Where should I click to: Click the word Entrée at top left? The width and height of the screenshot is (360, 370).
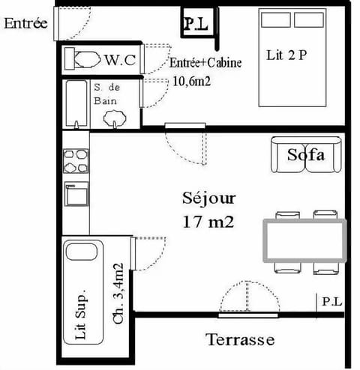point(25,22)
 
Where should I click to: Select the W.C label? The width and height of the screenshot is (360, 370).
point(120,59)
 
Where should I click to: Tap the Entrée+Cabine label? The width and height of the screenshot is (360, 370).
point(205,63)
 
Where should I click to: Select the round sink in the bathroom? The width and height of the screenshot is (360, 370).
point(115,116)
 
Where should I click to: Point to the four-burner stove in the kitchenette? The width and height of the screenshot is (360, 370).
point(76,161)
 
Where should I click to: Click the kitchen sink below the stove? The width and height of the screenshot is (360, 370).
point(76,193)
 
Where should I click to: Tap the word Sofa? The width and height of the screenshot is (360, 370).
point(305,156)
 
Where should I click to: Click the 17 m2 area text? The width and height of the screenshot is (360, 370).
point(209,222)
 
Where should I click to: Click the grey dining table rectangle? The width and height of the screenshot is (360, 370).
point(303,240)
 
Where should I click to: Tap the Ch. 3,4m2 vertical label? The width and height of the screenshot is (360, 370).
point(118,293)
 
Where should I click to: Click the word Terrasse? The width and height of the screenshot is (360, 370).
point(240,340)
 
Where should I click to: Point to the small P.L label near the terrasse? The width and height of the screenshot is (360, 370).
point(331,302)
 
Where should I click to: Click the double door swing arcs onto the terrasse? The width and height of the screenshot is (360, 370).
point(247,297)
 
